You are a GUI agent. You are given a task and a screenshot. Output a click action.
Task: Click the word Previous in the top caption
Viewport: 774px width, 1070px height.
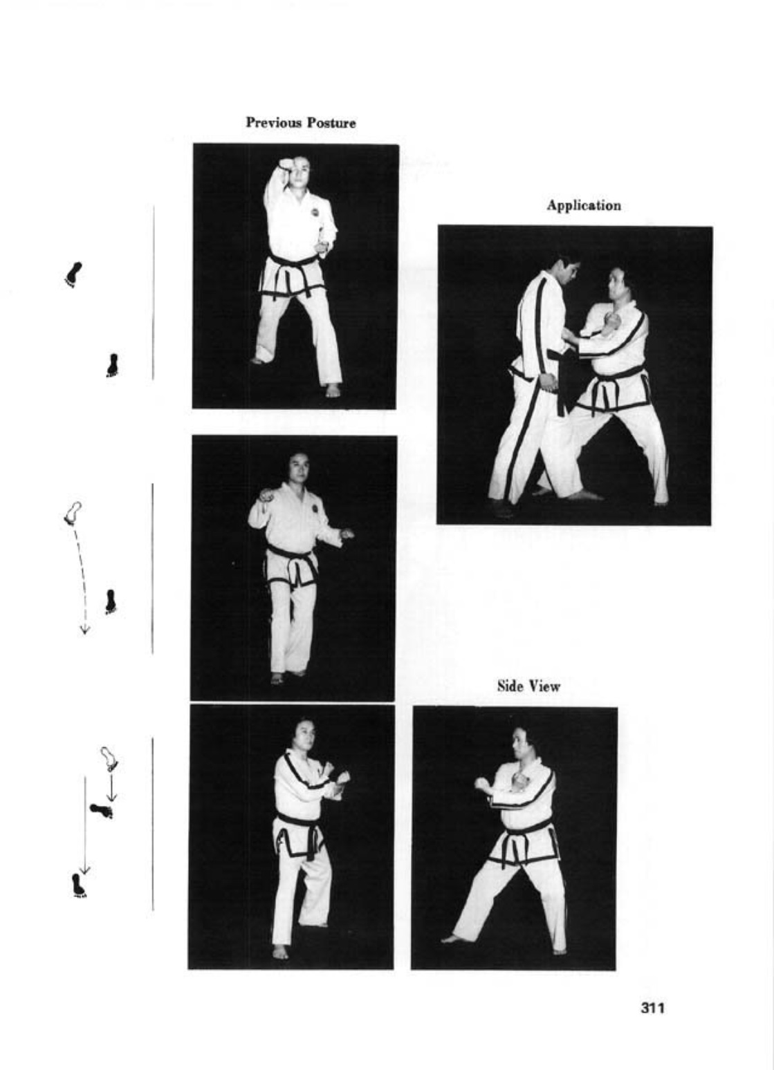point(274,122)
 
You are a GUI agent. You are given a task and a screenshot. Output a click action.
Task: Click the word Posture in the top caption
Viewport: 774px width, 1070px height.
point(331,123)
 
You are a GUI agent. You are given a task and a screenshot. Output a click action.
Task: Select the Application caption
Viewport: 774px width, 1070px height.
point(584,205)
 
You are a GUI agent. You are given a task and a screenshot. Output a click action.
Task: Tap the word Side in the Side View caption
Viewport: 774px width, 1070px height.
point(510,686)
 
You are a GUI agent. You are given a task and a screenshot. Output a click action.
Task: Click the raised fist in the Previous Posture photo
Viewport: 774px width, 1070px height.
point(286,165)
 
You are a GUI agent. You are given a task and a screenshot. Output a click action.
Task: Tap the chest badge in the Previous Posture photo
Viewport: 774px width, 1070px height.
point(315,212)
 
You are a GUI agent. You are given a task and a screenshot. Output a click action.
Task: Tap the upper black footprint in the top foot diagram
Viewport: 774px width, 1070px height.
point(73,274)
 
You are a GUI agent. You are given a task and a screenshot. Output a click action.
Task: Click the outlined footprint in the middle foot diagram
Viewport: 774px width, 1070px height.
point(73,513)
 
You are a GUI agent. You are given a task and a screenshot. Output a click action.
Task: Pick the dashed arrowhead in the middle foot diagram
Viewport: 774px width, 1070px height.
point(85,630)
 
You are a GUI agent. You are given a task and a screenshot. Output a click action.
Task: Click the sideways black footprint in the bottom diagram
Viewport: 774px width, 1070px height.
point(102,809)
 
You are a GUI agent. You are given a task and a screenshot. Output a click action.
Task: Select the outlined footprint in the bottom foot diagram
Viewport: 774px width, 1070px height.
point(109,759)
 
